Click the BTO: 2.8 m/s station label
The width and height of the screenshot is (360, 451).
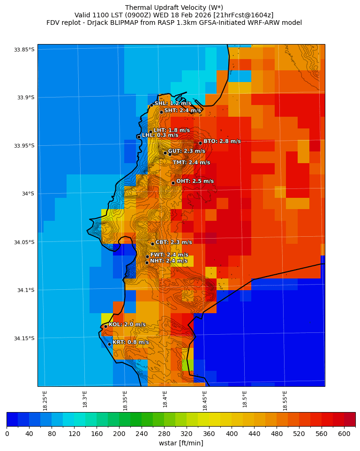[222, 141]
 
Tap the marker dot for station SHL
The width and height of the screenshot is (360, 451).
[151, 105]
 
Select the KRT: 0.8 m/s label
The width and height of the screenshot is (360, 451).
[130, 342]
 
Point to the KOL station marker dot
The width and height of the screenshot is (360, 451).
[105, 326]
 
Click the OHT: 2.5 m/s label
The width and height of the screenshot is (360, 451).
[195, 181]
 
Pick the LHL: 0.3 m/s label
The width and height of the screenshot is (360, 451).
[160, 135]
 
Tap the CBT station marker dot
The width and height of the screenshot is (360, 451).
[152, 244]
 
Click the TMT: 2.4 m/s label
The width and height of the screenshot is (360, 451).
[191, 163]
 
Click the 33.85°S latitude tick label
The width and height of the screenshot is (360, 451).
[24, 50]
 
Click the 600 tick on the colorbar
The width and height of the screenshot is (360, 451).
[344, 434]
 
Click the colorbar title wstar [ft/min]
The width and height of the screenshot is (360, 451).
[181, 443]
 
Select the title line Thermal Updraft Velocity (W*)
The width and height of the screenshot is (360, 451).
[174, 8]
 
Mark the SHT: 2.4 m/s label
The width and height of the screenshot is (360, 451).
[182, 111]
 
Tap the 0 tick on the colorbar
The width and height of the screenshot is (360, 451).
[7, 434]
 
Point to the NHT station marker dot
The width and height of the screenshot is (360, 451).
[147, 263]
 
